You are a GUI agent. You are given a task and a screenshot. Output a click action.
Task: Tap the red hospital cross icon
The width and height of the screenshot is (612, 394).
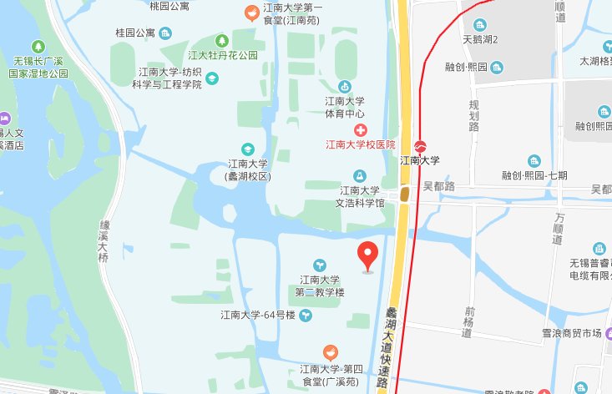coord(361,130)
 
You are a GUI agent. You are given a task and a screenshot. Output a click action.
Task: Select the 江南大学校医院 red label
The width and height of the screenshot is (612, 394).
coord(360,144)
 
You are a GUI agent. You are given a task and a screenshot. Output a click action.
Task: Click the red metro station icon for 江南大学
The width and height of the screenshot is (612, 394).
coord(420,146)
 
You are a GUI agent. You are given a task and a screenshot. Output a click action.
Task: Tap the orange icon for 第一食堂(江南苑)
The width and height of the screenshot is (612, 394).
coord(250,13)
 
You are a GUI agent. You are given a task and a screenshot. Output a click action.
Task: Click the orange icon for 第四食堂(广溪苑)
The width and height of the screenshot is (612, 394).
coord(331,352)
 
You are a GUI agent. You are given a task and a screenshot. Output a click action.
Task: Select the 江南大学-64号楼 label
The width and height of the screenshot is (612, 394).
coord(258,315)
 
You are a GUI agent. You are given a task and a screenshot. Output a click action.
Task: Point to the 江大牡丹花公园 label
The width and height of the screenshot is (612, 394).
coord(222,55)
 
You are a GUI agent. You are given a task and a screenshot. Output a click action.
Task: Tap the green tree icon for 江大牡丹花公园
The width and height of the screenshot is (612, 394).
coord(222,40)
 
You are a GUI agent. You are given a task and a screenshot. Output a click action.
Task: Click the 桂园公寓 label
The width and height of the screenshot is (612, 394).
coord(135,33)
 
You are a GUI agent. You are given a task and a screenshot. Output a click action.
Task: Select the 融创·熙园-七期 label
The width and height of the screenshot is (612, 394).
coord(534,175)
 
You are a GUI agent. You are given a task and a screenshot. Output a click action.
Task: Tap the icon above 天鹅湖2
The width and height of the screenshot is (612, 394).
coord(480,24)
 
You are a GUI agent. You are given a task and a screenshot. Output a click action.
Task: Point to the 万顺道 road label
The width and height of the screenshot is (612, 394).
coord(559,228)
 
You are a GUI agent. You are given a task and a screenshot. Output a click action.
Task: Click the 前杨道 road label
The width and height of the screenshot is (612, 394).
coord(468,321)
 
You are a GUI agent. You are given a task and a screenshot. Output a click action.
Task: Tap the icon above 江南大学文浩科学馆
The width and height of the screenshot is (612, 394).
coord(360,175)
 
